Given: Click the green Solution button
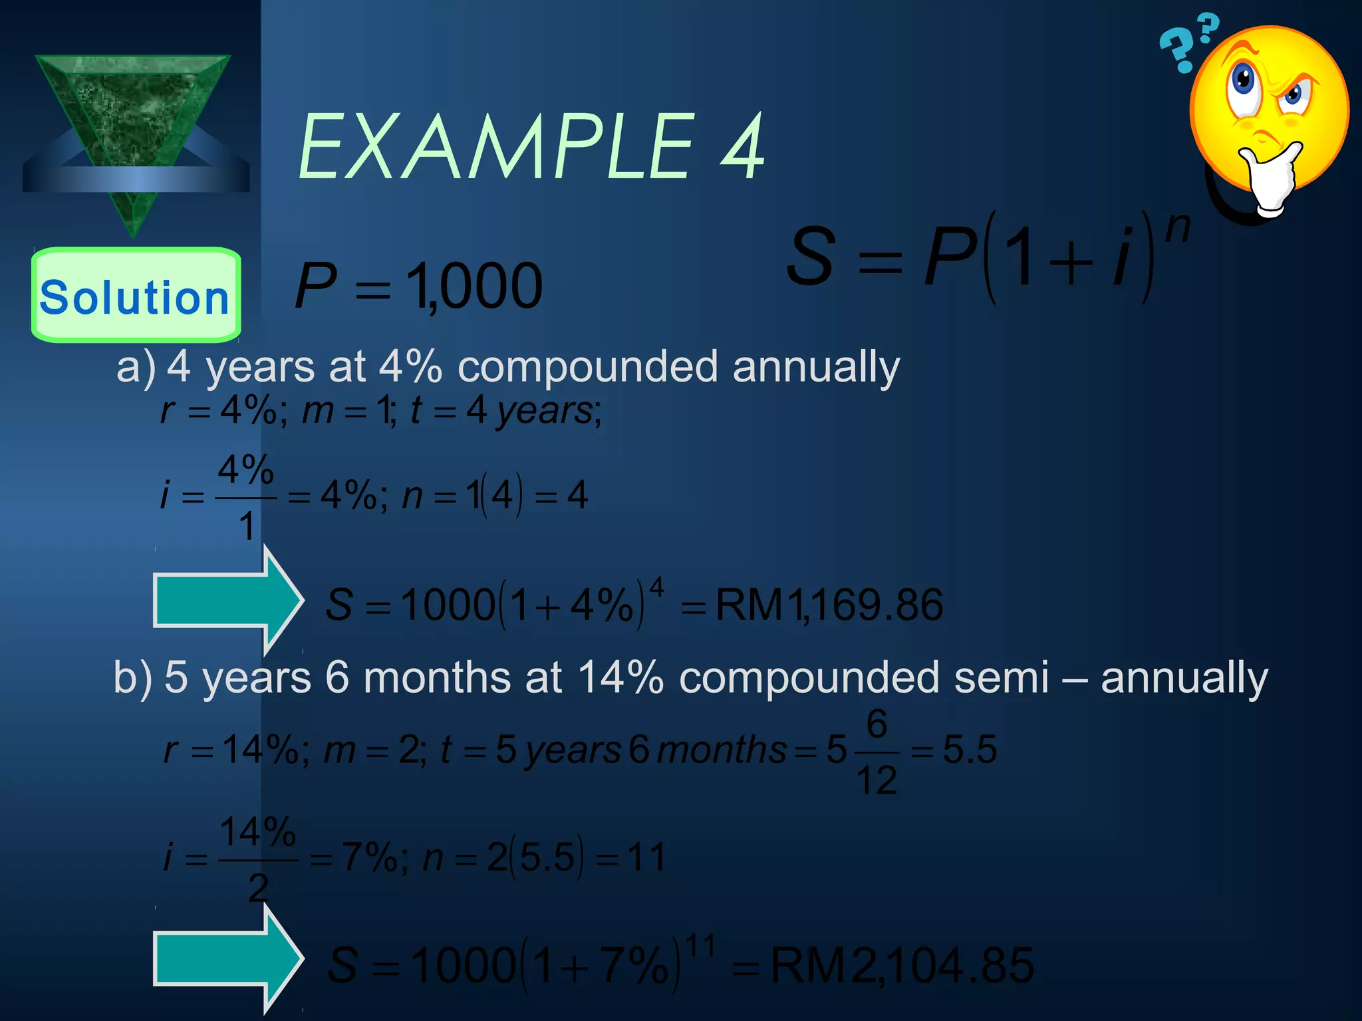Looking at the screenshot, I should point(136,296).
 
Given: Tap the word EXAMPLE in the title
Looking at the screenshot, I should point(495,147).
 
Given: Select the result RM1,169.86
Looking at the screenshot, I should point(829,605).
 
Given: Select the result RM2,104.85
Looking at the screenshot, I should point(902,965).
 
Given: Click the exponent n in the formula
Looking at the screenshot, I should point(1178,228).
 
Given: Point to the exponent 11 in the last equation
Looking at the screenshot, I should point(700,946).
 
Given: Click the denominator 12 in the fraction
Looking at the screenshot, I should point(876,780).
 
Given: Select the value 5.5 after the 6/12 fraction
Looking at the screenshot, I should point(970,750).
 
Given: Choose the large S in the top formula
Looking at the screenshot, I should point(810,256).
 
